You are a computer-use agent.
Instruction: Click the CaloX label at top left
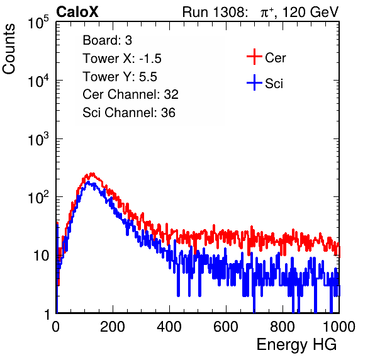(77, 12)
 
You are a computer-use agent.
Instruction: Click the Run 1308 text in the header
(215, 12)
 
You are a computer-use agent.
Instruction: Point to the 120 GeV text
(310, 12)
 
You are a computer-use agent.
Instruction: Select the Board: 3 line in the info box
(107, 40)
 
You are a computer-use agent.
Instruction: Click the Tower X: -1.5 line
(122, 59)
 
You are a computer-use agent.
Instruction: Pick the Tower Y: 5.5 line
(120, 77)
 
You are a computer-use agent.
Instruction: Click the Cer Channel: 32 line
(131, 94)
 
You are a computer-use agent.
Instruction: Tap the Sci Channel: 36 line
(129, 112)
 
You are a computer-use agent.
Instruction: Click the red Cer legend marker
(254, 57)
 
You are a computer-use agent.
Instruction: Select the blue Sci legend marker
(254, 83)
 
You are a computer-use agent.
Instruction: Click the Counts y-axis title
(9, 48)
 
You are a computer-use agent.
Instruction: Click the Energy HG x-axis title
(296, 344)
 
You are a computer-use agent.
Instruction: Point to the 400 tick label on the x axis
(169, 327)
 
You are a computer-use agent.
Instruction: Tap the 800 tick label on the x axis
(283, 327)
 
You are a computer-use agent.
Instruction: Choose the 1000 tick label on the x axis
(339, 327)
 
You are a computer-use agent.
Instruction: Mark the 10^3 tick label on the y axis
(38, 140)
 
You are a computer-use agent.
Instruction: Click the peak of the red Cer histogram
(92, 174)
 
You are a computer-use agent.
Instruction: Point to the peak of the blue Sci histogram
(89, 183)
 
